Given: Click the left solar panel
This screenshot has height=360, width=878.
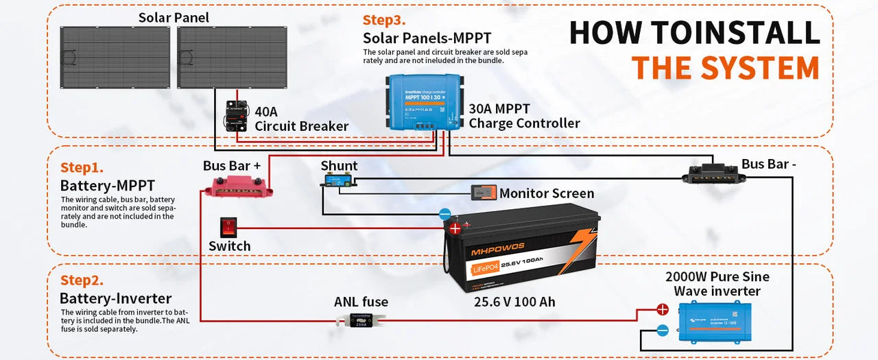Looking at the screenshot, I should pos(115,57).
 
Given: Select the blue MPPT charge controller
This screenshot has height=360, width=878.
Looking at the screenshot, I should pos(423,103).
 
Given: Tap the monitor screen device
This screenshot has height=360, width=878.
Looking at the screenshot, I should pos(484,193).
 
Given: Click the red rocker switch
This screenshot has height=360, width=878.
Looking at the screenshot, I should pos(229,227).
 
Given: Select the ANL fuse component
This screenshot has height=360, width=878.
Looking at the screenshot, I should pos(361,320).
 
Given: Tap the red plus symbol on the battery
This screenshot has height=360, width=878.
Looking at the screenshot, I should pos(454,228).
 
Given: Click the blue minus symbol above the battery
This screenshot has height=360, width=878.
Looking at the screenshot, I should pos(444,214).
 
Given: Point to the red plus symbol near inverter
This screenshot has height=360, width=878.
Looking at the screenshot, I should pos(662,309).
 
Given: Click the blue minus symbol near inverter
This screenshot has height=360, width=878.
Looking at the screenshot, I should pos(662,331).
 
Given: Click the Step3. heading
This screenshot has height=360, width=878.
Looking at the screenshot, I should pos(385,20).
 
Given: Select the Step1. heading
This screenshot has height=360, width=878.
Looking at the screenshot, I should pos(82,167).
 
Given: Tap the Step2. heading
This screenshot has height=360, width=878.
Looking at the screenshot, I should pos(82,280).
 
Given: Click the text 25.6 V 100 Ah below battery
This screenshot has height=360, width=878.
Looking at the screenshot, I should pos(514,302).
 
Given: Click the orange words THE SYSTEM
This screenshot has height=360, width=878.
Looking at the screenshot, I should pos(725,68).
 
